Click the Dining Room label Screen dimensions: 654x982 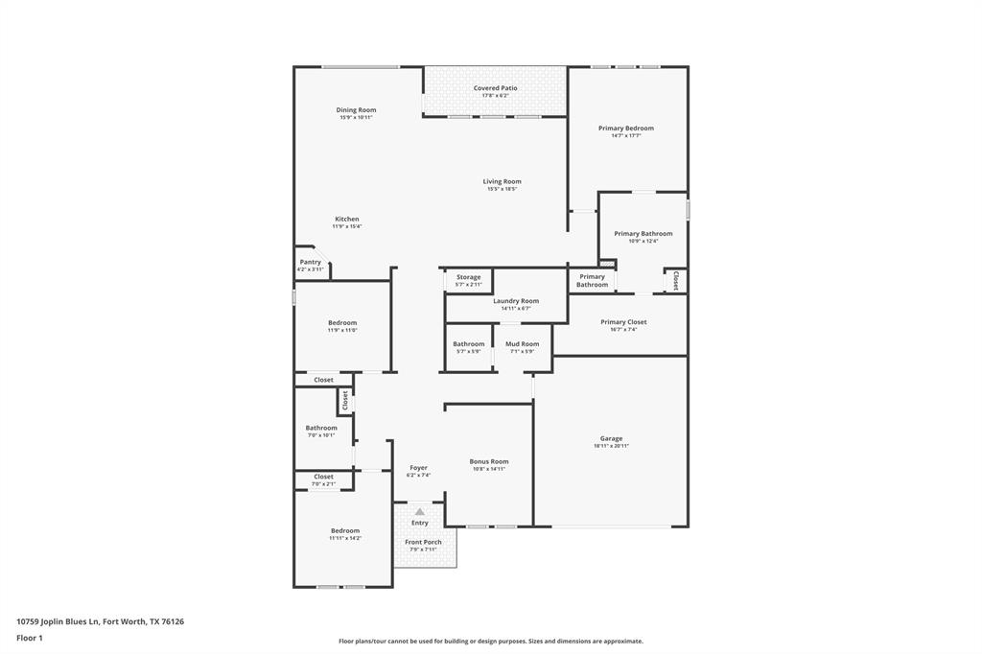(x=356, y=110)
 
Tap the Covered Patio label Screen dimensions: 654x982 (x=495, y=88)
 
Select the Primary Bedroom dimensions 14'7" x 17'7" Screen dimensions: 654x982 (x=626, y=136)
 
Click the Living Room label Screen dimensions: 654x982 (x=502, y=181)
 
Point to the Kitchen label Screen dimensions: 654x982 (x=347, y=219)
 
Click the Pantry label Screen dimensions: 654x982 (x=310, y=262)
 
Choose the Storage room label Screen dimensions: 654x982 (x=468, y=277)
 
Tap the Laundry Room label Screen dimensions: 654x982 (x=516, y=301)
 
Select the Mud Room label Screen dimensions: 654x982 (x=523, y=343)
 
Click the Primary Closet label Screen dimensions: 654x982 (x=623, y=322)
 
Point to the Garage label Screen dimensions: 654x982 (x=611, y=438)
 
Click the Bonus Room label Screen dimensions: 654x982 (x=489, y=461)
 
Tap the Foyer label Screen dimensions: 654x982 (x=419, y=468)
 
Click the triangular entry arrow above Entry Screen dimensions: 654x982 (x=419, y=512)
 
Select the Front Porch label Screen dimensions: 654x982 (x=423, y=542)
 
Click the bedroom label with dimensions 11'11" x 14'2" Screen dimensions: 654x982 (x=345, y=530)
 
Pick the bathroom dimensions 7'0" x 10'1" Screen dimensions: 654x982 (x=321, y=435)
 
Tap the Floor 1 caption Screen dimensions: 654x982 (x=30, y=638)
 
